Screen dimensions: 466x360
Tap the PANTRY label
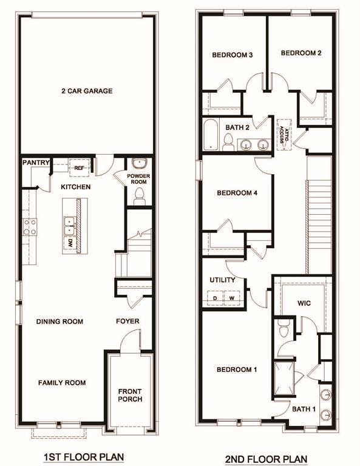pyautogui.click(x=34, y=163)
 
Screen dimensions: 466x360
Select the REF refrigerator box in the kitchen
pyautogui.click(x=80, y=167)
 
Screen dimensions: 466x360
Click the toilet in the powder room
pyautogui.click(x=138, y=195)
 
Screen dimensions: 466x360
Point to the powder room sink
pyautogui.click(x=139, y=164)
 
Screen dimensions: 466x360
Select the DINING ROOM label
pyautogui.click(x=59, y=322)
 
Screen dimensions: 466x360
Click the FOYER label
pyautogui.click(x=127, y=322)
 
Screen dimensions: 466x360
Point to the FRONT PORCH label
pyautogui.click(x=130, y=394)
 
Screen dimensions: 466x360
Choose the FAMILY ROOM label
pyautogui.click(x=62, y=383)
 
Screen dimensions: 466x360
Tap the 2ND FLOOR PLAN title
pyautogui.click(x=267, y=459)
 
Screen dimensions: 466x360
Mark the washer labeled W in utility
pyautogui.click(x=231, y=299)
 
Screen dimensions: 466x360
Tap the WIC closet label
pyautogui.click(x=304, y=303)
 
